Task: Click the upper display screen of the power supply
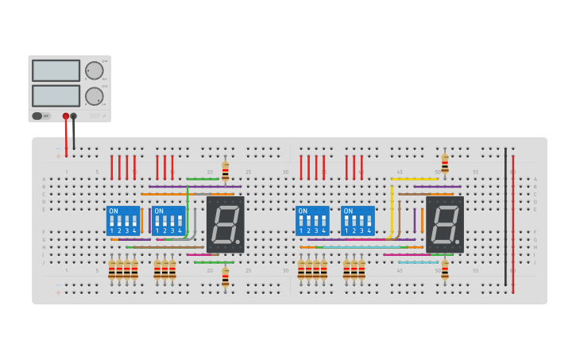[56, 71]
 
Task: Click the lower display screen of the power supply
[56, 96]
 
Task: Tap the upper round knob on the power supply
[95, 71]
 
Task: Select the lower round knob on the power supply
[95, 96]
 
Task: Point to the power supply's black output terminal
[74, 116]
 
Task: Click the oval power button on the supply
[37, 116]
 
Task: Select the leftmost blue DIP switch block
[123, 221]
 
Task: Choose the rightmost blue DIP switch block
[358, 221]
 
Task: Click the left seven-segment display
[225, 224]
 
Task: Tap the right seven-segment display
[445, 224]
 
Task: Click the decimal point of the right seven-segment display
[458, 242]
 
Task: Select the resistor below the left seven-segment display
[225, 277]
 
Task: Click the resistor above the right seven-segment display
[445, 165]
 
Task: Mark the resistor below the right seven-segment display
[445, 270]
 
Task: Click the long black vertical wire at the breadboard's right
[505, 215]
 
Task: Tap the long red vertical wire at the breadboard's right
[513, 223]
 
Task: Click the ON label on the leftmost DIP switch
[114, 211]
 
